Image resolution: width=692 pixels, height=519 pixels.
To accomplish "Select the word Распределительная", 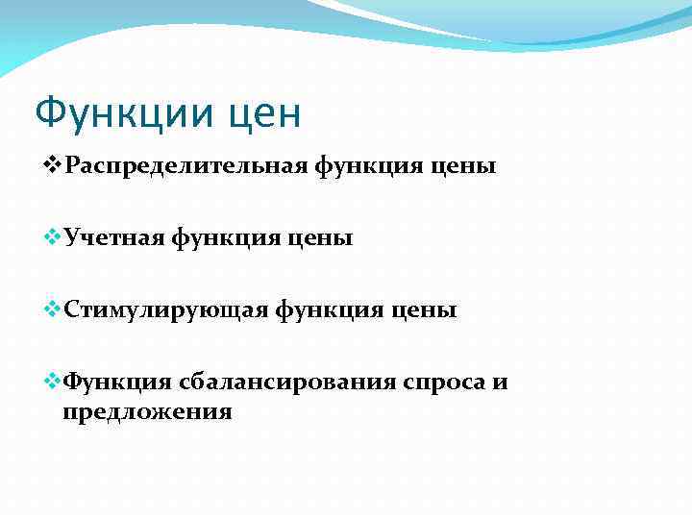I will click(x=185, y=166).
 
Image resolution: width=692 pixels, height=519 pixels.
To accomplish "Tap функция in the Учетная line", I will click(x=229, y=237).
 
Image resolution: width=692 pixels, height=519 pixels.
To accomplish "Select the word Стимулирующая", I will click(x=164, y=310).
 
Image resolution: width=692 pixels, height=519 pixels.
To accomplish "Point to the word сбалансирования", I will click(x=285, y=383).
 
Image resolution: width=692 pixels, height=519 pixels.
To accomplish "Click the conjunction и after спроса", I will click(x=500, y=383).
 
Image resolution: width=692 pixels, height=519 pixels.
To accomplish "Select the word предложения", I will click(x=147, y=412).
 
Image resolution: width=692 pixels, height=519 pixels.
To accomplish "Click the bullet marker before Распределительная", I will click(x=54, y=166).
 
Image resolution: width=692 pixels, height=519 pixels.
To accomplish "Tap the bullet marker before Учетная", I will click(x=54, y=237).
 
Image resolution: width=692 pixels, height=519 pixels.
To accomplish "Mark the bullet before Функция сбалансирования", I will click(x=54, y=383).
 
